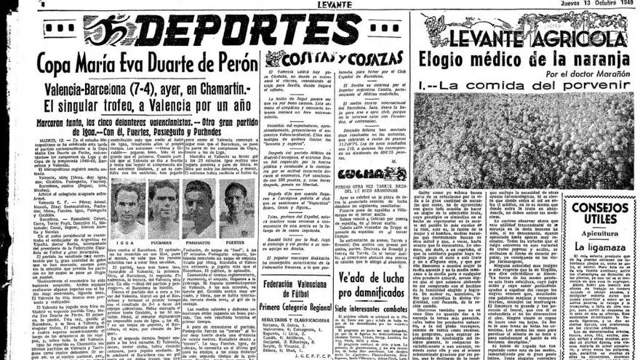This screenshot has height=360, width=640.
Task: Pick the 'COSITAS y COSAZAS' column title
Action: (334, 57)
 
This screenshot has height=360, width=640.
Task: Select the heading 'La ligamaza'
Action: (601, 247)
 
